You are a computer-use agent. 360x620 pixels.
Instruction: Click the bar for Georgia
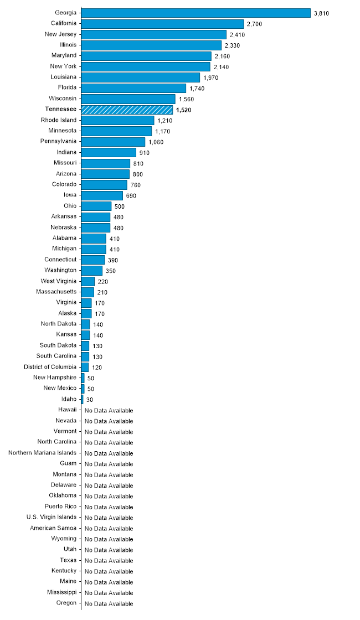pos(196,13)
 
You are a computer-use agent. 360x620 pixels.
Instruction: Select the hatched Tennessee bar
pos(127,110)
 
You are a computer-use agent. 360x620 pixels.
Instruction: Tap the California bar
pos(162,24)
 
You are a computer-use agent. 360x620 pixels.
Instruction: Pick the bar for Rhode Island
pos(117,120)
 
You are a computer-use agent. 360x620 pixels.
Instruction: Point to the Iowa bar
pos(102,195)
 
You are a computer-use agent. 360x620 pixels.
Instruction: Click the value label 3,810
pos(321,13)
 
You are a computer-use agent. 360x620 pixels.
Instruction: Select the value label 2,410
pos(237,35)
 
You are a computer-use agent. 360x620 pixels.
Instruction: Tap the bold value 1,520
pos(183,110)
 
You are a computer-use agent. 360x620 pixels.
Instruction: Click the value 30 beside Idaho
pos(90,400)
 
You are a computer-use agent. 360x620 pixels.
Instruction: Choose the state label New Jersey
pos(60,34)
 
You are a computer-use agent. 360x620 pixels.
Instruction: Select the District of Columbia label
pos(50,366)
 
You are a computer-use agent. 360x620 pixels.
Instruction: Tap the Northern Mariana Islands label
pos(42,452)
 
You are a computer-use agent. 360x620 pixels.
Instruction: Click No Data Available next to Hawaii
pos(109,410)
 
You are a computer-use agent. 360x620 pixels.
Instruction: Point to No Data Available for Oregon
pos(109,603)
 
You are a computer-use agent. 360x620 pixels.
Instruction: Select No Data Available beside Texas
pos(109,561)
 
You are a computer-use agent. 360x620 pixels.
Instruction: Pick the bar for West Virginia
pos(88,281)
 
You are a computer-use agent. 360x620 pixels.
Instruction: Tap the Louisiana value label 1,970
pos(211,77)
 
